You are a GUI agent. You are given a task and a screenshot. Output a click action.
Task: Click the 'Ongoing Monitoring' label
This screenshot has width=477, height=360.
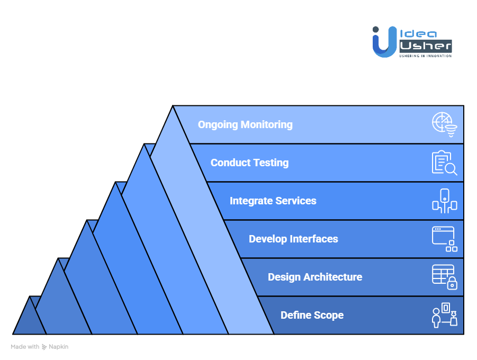pyautogui.click(x=245, y=125)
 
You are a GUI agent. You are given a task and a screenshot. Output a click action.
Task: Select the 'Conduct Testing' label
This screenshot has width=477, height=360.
pyautogui.click(x=249, y=163)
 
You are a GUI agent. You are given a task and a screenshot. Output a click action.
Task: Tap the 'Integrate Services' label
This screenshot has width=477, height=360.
pyautogui.click(x=273, y=201)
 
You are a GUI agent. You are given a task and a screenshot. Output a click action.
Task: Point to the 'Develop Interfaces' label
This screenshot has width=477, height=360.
pyautogui.click(x=293, y=239)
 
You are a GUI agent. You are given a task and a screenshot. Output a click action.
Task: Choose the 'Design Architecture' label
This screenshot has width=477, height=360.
pyautogui.click(x=315, y=277)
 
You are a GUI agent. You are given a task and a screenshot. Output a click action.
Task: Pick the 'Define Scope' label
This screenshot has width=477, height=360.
pyautogui.click(x=312, y=316)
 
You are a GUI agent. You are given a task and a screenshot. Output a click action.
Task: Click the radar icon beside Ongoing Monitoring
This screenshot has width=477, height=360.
pyautogui.click(x=444, y=125)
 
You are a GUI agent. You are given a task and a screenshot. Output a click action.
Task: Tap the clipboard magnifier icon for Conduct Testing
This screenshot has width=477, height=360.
pyautogui.click(x=444, y=163)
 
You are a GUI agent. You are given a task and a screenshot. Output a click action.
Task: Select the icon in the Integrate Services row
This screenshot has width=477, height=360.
pyautogui.click(x=444, y=201)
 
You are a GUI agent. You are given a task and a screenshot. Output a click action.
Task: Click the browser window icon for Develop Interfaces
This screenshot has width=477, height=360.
pyautogui.click(x=444, y=239)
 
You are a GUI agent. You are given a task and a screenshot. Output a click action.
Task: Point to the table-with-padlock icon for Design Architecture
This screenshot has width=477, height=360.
pyautogui.click(x=444, y=277)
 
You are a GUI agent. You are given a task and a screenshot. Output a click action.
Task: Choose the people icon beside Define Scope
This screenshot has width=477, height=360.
pyautogui.click(x=444, y=316)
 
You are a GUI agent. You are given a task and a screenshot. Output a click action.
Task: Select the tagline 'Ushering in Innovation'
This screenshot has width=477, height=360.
pyautogui.click(x=425, y=56)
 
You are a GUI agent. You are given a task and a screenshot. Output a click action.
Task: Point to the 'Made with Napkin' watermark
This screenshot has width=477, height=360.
pyautogui.click(x=40, y=347)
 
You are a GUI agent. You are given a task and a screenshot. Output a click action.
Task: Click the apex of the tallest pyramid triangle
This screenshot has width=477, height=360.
pyautogui.click(x=173, y=107)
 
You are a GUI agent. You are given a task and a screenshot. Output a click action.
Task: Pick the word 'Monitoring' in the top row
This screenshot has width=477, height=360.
pyautogui.click(x=266, y=125)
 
